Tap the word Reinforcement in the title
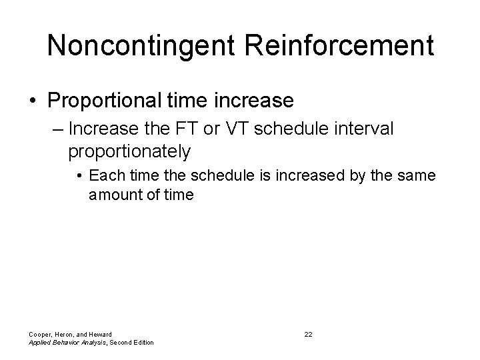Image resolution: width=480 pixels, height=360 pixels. pos(339,46)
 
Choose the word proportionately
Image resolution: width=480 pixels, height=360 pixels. pos(129,151)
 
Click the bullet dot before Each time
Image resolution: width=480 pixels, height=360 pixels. pos(79,177)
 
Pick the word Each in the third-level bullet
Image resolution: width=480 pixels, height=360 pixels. pos(102,176)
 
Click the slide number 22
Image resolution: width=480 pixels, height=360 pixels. pos(308,333)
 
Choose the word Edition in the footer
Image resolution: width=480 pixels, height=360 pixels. pos(141,343)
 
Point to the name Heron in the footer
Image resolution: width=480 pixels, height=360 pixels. pos(66,333)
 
